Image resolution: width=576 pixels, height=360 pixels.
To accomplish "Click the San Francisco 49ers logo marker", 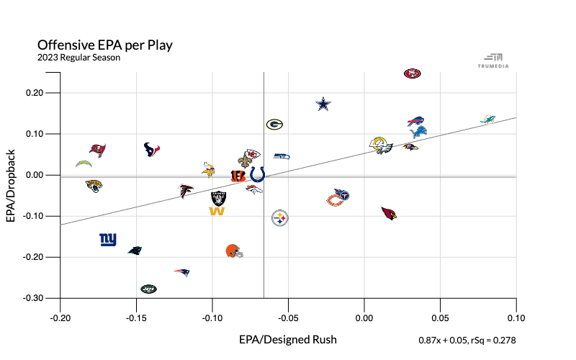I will (412, 73).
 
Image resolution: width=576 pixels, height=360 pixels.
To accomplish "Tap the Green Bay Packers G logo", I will (274, 125).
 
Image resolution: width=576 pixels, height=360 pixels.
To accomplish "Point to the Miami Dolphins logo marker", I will (487, 119).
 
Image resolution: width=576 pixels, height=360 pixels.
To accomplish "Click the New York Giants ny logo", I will (108, 239).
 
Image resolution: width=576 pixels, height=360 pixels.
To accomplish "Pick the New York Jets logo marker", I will (148, 289).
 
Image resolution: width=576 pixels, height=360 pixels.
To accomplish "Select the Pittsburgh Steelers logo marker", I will (280, 217).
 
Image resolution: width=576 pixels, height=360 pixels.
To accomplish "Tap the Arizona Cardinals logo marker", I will (390, 213).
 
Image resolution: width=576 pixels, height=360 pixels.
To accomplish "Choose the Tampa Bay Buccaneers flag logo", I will (97, 149).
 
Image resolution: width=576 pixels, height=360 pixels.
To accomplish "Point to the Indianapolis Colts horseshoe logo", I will (257, 174).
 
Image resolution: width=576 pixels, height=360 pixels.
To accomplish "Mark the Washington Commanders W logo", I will (217, 210).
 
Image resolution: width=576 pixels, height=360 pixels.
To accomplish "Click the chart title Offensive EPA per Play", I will (105, 45).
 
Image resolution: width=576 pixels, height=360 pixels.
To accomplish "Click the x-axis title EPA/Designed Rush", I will (288, 338).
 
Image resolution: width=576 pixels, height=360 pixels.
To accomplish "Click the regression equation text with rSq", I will (467, 339).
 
